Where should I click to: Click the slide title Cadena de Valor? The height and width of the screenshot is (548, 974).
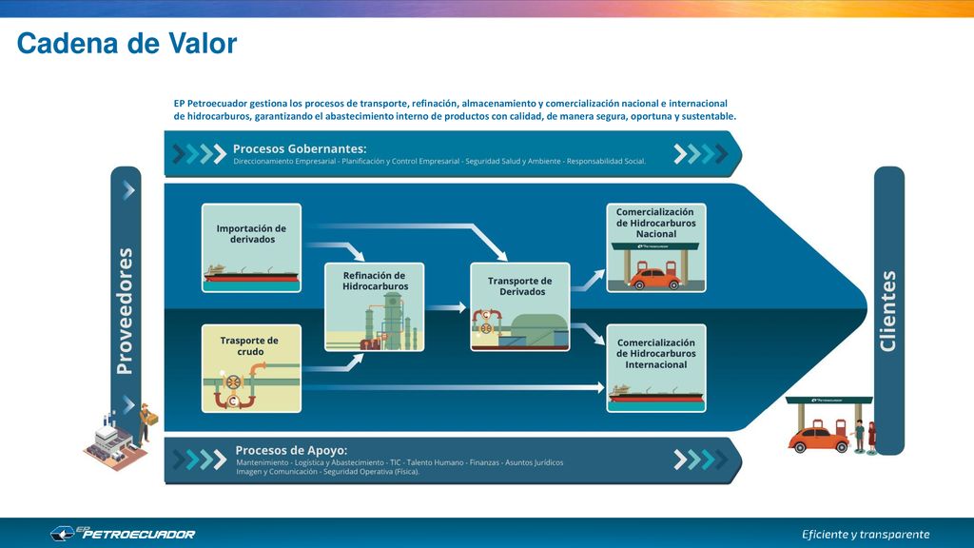127,44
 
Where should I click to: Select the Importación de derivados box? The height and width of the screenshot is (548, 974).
251,248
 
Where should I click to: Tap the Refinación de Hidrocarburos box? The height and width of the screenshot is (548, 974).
375,307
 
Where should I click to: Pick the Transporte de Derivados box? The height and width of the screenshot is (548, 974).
520,307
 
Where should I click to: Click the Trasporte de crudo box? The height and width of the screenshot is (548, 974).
251,368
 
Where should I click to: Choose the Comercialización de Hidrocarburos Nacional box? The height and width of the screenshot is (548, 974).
656,248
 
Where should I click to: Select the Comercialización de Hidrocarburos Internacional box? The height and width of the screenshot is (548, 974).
656,368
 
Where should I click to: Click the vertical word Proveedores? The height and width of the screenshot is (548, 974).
126,311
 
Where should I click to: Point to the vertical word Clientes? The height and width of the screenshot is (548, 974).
888,311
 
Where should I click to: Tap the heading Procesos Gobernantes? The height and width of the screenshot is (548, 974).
300,148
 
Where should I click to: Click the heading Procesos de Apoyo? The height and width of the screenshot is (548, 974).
291,450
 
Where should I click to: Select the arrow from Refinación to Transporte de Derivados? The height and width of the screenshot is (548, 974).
446,307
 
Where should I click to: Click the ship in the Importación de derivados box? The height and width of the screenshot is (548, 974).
251,274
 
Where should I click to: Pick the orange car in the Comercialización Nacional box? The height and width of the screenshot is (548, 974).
654,279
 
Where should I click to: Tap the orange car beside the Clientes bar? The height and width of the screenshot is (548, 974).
819,438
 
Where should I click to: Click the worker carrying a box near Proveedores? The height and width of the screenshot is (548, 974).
146,422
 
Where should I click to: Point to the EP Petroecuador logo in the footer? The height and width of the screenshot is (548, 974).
123,533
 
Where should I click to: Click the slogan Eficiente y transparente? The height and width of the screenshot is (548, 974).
866,535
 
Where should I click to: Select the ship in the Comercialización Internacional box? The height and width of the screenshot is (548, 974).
656,395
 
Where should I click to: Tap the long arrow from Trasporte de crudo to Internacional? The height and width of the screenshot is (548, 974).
454,388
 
